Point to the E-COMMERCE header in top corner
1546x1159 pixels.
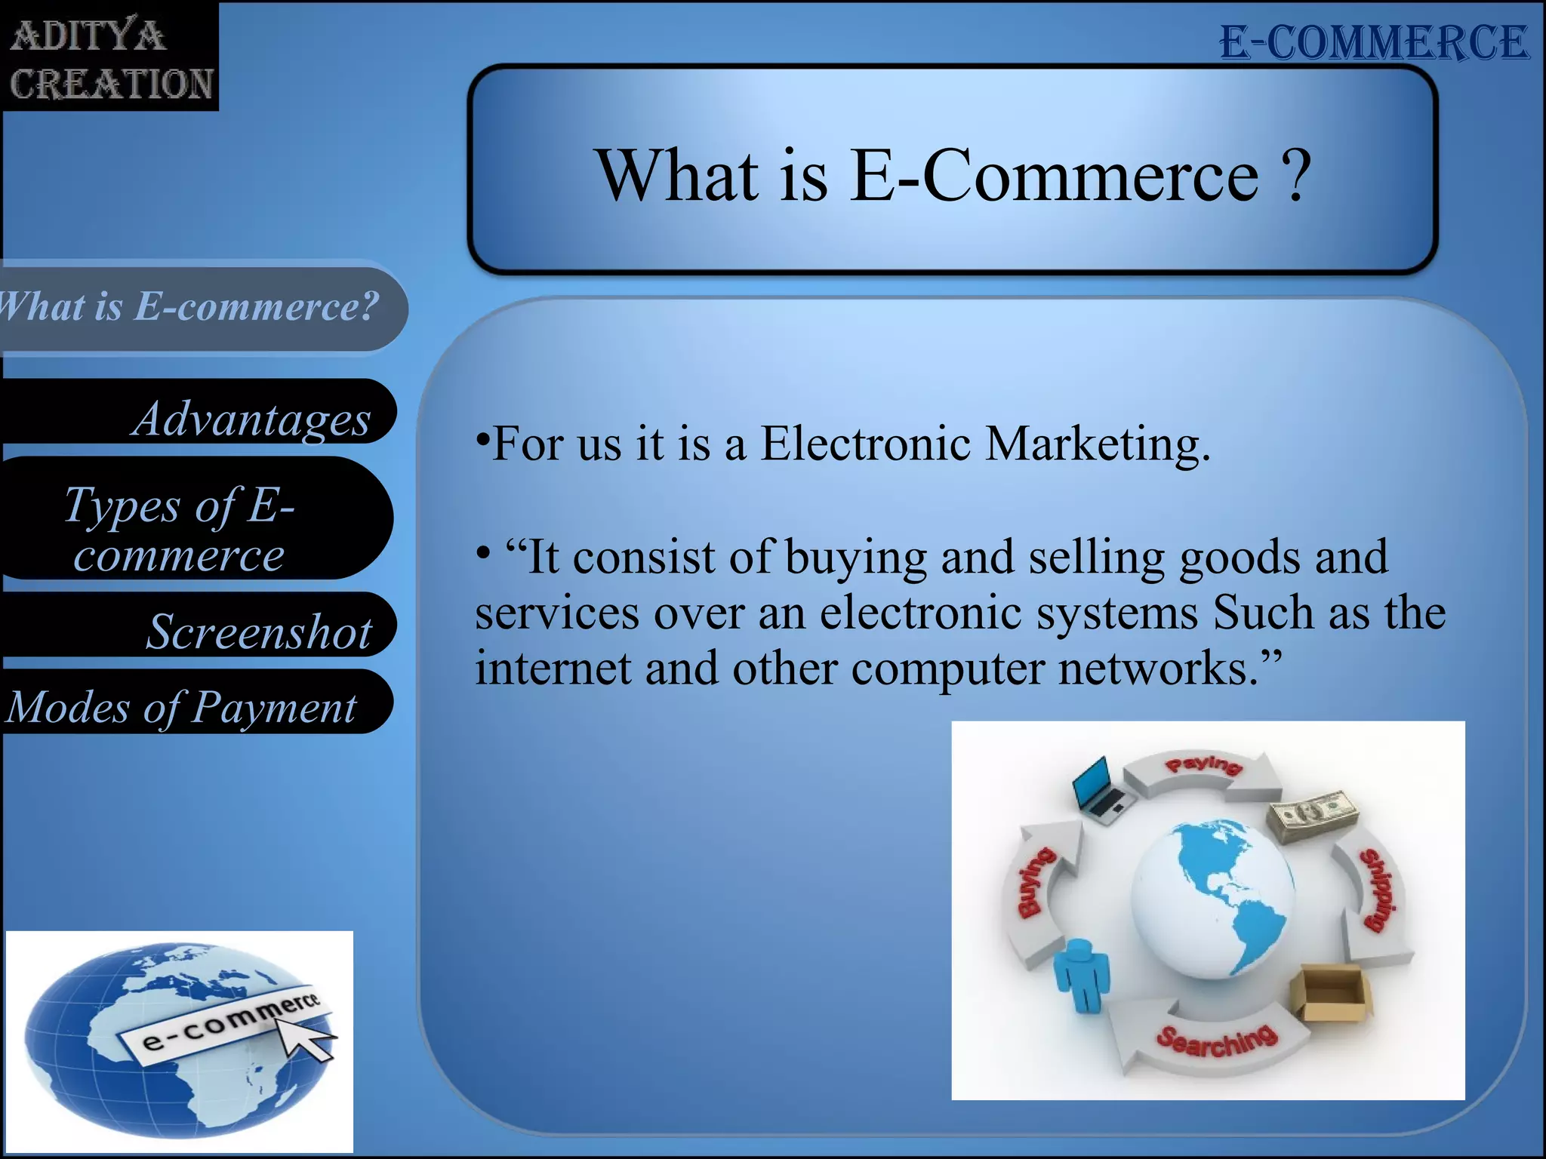click(1374, 42)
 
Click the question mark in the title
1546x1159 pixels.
click(1297, 175)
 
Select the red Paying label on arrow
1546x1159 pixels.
click(1203, 764)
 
